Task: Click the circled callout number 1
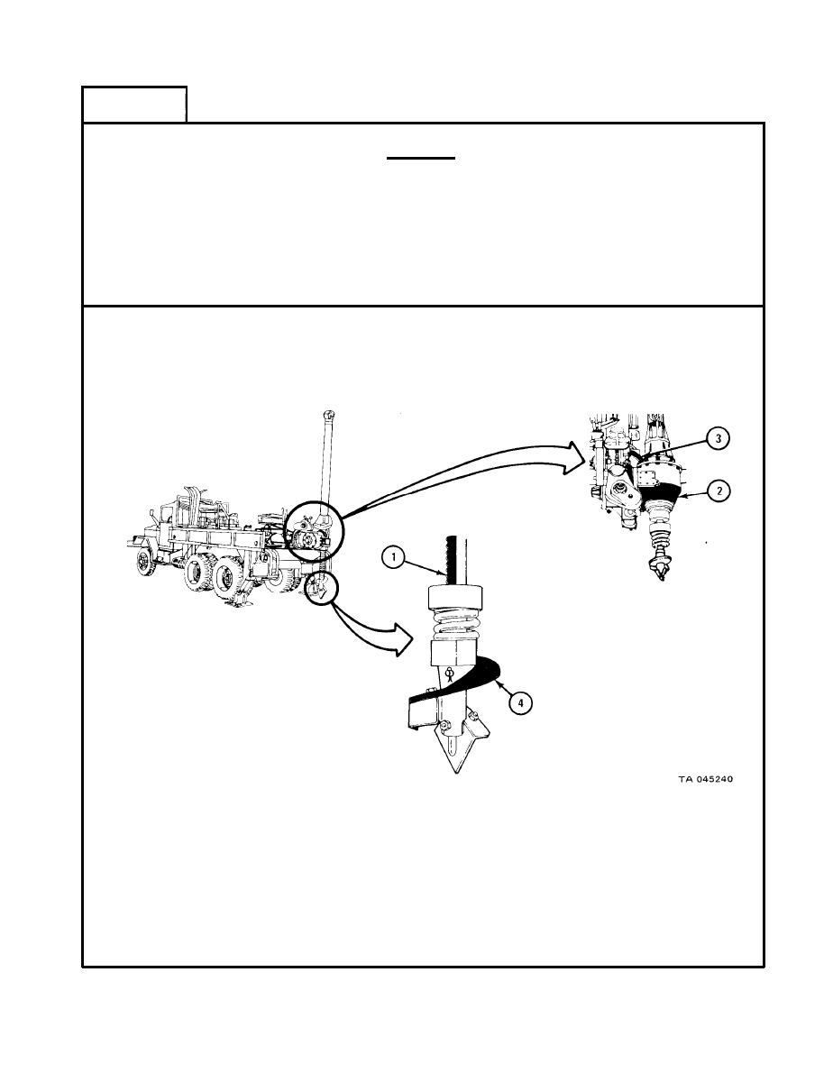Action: pos(393,558)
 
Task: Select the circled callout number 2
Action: pos(719,491)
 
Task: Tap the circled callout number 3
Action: pos(718,438)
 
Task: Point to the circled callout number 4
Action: pos(520,702)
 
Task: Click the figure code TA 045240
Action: pos(706,779)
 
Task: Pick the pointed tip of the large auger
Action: pos(456,772)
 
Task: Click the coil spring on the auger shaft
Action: pos(457,625)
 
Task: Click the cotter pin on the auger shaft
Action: pos(448,674)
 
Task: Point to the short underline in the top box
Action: pos(421,158)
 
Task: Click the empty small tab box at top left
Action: pos(134,105)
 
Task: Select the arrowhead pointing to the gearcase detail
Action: pos(573,457)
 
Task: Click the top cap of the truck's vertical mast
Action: pos(328,414)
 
